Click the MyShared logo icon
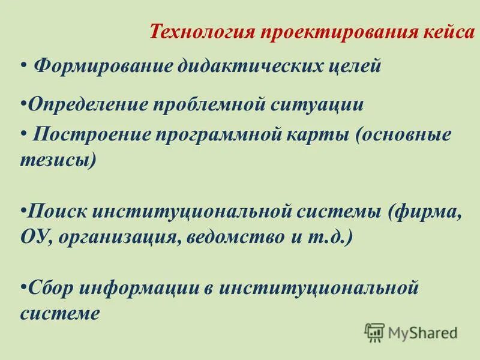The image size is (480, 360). click(374, 332)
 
